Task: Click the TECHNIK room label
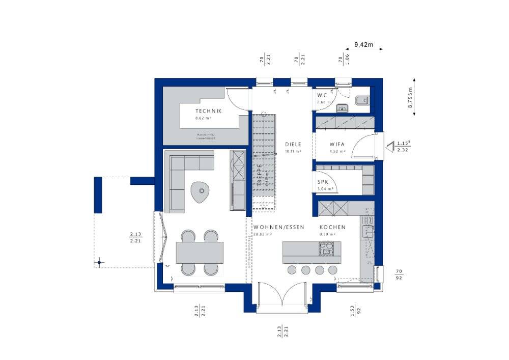(208, 111)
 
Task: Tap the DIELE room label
(293, 144)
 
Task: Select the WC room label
(322, 95)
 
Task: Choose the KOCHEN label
(332, 227)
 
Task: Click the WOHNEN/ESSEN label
(278, 227)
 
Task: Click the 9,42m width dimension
(363, 45)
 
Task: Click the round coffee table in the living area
(200, 192)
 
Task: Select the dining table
(200, 253)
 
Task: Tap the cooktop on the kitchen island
(325, 248)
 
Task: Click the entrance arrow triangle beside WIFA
(389, 147)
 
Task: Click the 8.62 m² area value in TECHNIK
(203, 118)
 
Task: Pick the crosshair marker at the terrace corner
(99, 263)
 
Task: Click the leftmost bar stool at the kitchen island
(292, 269)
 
